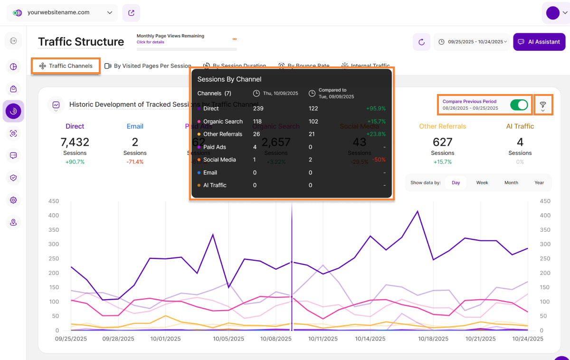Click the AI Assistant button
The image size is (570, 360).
click(x=539, y=42)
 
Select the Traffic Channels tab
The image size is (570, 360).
click(x=66, y=66)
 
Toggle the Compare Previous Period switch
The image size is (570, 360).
click(x=519, y=105)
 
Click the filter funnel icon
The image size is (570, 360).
click(x=543, y=104)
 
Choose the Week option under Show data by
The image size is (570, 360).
click(x=482, y=183)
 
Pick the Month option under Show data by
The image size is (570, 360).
click(x=511, y=183)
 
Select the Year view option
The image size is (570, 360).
click(x=539, y=183)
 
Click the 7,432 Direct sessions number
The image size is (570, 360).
click(x=75, y=142)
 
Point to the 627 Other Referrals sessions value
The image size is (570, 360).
click(x=443, y=142)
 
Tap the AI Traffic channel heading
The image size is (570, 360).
click(x=520, y=126)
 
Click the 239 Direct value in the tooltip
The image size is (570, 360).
click(x=258, y=109)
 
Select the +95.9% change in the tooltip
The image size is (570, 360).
click(x=376, y=109)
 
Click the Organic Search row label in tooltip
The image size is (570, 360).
click(x=223, y=122)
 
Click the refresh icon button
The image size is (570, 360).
click(x=421, y=42)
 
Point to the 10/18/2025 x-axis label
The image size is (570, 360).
click(x=433, y=339)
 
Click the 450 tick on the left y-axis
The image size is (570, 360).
click(x=54, y=201)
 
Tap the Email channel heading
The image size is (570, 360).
click(x=135, y=126)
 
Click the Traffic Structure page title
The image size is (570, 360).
click(x=81, y=42)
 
